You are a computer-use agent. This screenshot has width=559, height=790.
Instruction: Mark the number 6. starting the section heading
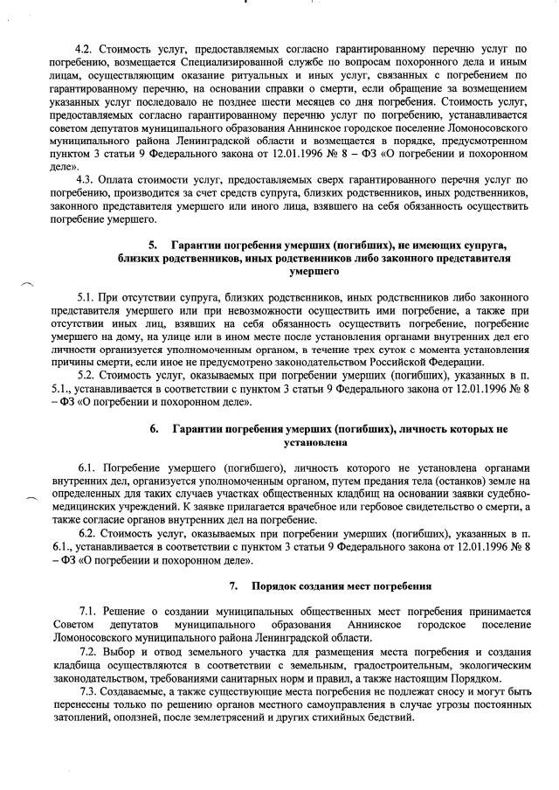click(x=155, y=429)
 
